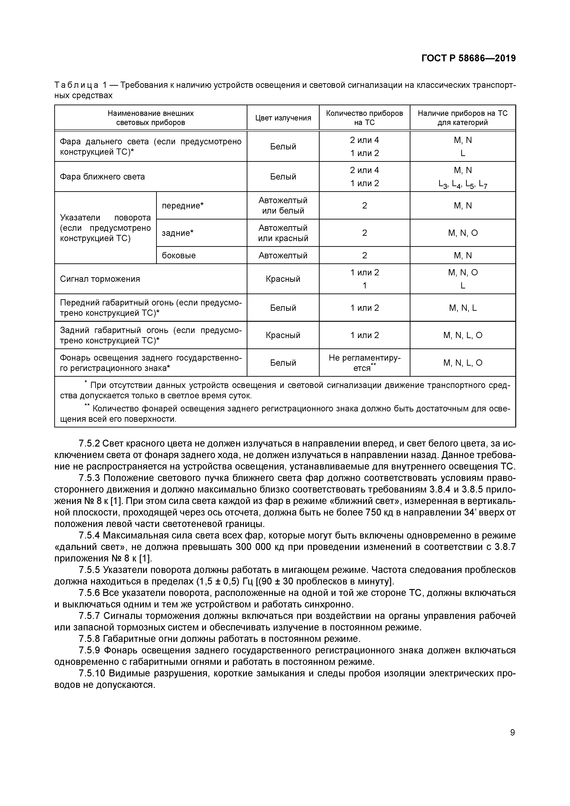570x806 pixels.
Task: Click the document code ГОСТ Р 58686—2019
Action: pos(468,58)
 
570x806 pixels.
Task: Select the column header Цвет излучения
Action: pos(283,118)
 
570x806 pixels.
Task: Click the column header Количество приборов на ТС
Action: pos(364,118)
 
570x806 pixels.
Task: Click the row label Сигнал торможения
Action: pos(100,279)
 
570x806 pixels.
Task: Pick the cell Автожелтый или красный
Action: pos(283,233)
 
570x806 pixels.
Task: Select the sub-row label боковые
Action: pos(178,255)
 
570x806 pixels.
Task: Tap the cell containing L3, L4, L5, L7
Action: pos(463,184)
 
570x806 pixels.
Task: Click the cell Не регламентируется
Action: pos(364,363)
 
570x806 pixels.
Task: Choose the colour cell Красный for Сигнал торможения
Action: pos(283,279)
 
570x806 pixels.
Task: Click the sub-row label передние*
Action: pos(183,205)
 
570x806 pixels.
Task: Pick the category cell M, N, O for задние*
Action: pos(463,233)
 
